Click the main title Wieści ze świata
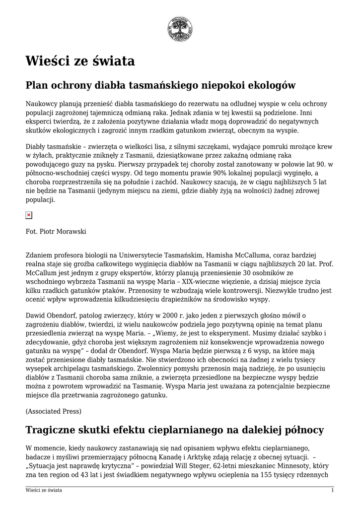[80, 61]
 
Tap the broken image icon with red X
[29, 215]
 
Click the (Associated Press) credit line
[54, 411]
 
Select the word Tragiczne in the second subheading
[54, 430]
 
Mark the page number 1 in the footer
[332, 490]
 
